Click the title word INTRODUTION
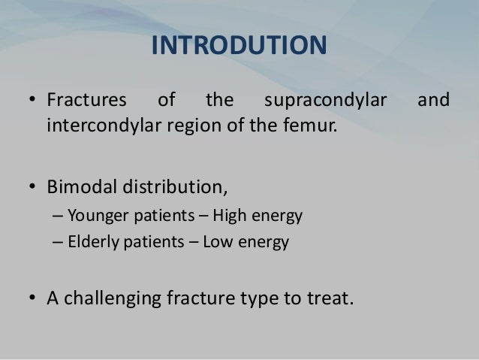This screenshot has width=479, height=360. point(239,45)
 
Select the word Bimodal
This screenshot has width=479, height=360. point(80,178)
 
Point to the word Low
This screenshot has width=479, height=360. point(223,244)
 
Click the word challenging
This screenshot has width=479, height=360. point(125,298)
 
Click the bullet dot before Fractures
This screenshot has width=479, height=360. point(33,100)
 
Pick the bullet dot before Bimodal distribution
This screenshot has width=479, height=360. point(33,179)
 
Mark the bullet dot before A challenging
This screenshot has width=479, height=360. point(33,298)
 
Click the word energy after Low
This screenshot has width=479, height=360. point(265,244)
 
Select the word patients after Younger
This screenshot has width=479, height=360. point(164,217)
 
